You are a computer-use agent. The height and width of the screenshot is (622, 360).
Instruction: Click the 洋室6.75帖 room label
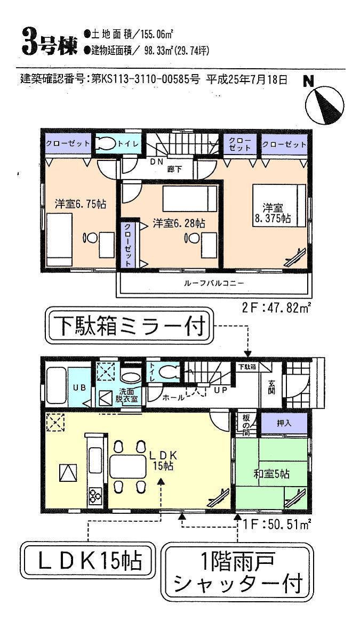(x=80, y=204)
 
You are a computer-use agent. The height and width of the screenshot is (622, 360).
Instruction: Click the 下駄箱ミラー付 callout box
(x=130, y=327)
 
